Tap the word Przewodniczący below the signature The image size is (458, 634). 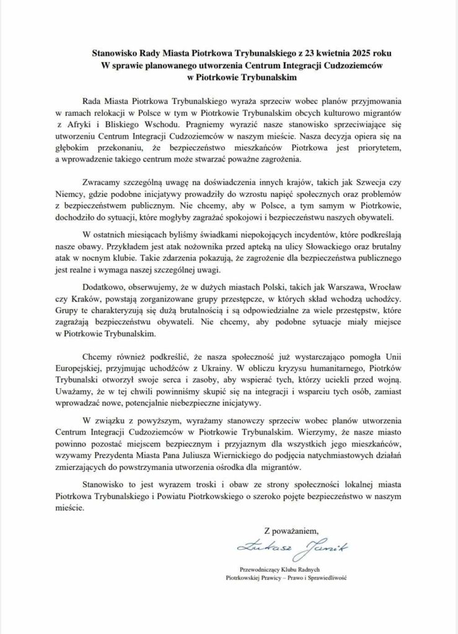[263, 568]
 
